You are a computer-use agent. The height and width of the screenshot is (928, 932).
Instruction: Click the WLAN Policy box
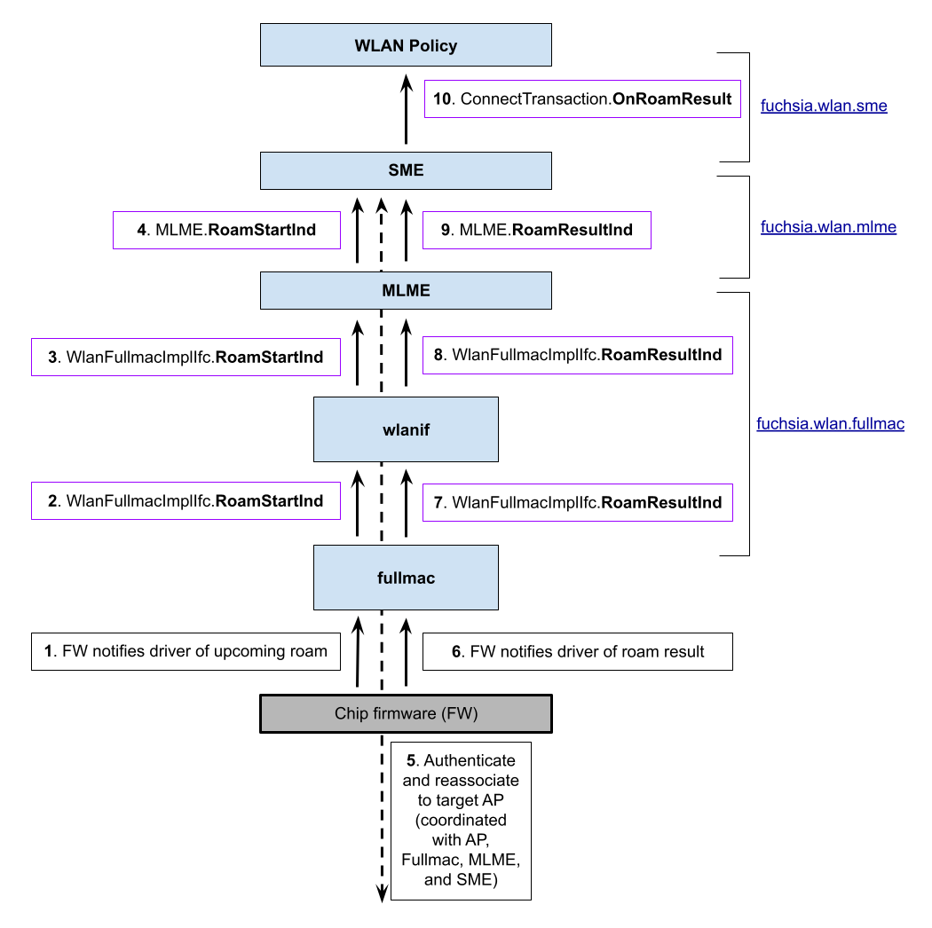tap(406, 45)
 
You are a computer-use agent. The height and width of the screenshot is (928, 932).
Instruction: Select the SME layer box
tap(406, 170)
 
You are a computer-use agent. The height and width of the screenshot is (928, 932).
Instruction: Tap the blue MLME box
tap(406, 290)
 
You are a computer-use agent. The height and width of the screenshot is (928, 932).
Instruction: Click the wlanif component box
tap(406, 429)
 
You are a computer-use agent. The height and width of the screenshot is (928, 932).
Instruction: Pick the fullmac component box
tap(406, 578)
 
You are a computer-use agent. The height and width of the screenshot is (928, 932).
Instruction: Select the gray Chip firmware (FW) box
tap(406, 713)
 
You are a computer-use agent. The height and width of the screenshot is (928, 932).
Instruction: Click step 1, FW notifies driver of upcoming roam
tap(186, 651)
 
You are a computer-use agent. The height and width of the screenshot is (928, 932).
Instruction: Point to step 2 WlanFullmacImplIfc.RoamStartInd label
tap(186, 501)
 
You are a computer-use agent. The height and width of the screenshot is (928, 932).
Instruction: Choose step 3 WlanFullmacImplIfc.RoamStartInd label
tap(186, 357)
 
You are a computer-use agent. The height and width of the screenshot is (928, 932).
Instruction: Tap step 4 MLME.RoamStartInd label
tap(226, 230)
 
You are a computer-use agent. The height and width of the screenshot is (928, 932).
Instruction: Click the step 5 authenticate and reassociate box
tap(461, 821)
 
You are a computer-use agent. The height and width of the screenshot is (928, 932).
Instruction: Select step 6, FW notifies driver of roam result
tap(577, 652)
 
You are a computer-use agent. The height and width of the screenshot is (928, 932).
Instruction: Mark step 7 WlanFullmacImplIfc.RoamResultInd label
tap(577, 502)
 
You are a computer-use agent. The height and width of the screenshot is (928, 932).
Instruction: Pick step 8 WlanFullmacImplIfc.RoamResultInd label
tap(577, 355)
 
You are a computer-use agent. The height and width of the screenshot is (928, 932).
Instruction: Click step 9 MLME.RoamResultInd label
tap(536, 230)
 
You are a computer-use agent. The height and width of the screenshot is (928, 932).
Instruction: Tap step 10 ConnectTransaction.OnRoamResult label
tap(582, 98)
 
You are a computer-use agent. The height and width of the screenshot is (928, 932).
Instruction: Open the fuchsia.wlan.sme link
tap(824, 106)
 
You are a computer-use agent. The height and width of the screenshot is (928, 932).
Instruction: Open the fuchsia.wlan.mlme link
tap(828, 227)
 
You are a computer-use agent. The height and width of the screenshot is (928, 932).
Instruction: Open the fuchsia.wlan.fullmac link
tap(830, 424)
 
